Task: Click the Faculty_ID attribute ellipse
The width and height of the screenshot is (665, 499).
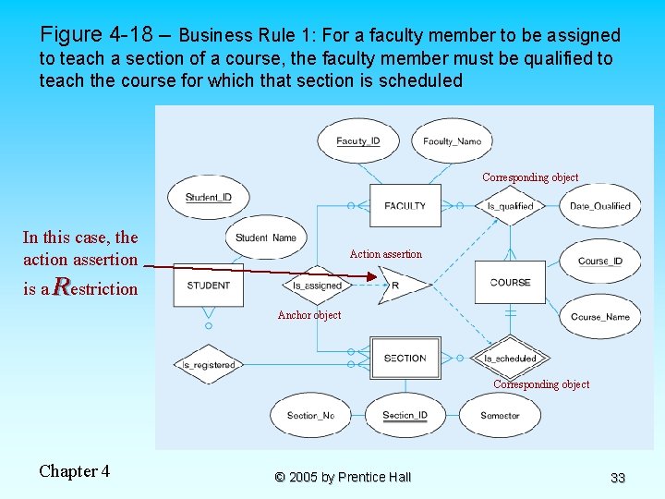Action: [357, 141]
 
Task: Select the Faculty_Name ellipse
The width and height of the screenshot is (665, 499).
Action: [452, 141]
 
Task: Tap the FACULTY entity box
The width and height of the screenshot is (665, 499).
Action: [405, 205]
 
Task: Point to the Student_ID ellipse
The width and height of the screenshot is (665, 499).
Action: [209, 197]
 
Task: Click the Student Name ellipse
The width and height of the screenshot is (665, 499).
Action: [266, 238]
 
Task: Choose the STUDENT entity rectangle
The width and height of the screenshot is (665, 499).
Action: [208, 285]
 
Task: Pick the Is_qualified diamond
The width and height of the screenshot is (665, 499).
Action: [510, 206]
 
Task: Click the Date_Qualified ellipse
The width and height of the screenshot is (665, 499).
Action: [599, 206]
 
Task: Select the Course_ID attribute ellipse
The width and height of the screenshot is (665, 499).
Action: [600, 262]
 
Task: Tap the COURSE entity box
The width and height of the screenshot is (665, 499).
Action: [510, 282]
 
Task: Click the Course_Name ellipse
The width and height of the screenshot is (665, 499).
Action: [600, 317]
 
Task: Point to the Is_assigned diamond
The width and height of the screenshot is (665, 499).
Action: [317, 286]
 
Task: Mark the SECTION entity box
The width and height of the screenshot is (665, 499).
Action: [405, 358]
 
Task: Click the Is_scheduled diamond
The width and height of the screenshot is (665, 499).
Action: [510, 359]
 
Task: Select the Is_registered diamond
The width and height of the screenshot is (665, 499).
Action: [209, 364]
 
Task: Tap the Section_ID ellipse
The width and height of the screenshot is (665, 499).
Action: [405, 416]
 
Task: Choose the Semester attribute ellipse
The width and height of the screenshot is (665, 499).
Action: [500, 416]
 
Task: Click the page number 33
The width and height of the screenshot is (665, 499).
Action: [618, 478]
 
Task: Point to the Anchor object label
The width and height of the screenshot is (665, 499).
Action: [309, 315]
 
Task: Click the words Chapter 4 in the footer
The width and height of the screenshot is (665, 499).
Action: [74, 471]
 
